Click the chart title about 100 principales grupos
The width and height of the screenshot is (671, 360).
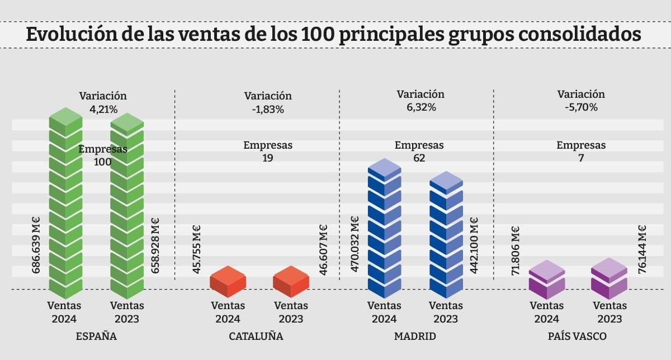(x=334, y=34)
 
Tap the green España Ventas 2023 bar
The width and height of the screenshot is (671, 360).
(x=127, y=207)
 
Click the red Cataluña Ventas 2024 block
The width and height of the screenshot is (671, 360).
(x=228, y=282)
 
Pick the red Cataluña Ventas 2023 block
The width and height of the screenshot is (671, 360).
(x=291, y=282)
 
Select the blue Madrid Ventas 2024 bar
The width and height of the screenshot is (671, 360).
(x=385, y=229)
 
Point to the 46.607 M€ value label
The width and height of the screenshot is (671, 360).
(x=323, y=250)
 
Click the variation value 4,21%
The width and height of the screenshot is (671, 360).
(x=103, y=110)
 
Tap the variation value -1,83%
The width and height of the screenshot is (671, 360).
(x=268, y=110)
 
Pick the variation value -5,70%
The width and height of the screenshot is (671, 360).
(x=581, y=108)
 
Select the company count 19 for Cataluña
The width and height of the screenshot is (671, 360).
(x=268, y=158)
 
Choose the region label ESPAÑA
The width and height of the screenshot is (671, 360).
(x=96, y=337)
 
